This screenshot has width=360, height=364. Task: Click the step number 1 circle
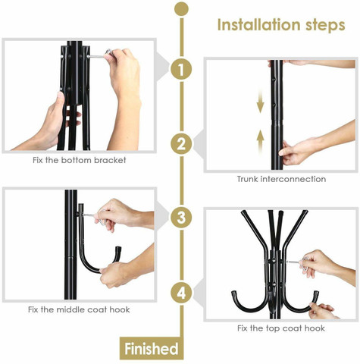181,69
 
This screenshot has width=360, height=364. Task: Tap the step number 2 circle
181,144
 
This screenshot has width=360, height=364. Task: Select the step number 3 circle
181,218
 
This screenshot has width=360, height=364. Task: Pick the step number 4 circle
181,293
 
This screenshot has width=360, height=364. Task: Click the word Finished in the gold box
152,349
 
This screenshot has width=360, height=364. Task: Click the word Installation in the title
259,25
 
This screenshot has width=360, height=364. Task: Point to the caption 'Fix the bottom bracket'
80,160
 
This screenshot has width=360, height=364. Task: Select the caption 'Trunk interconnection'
281,179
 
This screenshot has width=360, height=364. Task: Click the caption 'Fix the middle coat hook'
79,309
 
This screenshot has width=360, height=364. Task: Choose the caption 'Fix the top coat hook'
281,328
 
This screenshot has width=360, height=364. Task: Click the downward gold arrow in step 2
260,104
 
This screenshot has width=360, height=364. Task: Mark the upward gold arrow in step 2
260,142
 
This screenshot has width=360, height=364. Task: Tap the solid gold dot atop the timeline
181,9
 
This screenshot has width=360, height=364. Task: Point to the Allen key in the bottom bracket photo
100,55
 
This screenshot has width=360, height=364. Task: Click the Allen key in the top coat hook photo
298,262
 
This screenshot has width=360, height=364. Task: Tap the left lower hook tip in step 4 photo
234,293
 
